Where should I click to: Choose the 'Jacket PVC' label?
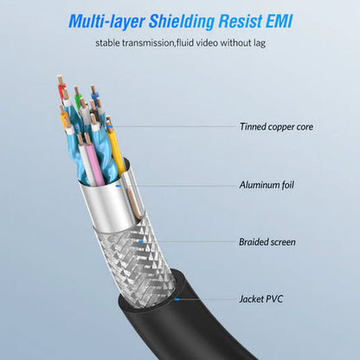[x=260, y=299]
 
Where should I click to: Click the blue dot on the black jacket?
[x=177, y=299]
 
